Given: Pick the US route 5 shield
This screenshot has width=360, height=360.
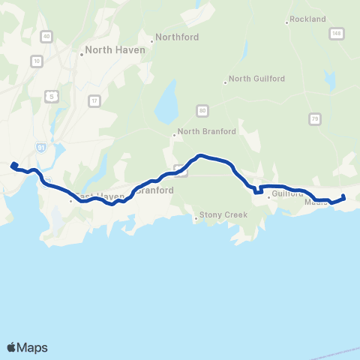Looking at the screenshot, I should click(x=51, y=96).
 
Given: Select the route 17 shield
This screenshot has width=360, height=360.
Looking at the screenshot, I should click(x=93, y=100).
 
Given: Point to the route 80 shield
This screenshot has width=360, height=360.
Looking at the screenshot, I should click(x=202, y=111).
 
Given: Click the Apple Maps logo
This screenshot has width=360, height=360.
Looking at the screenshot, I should click(x=27, y=346).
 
